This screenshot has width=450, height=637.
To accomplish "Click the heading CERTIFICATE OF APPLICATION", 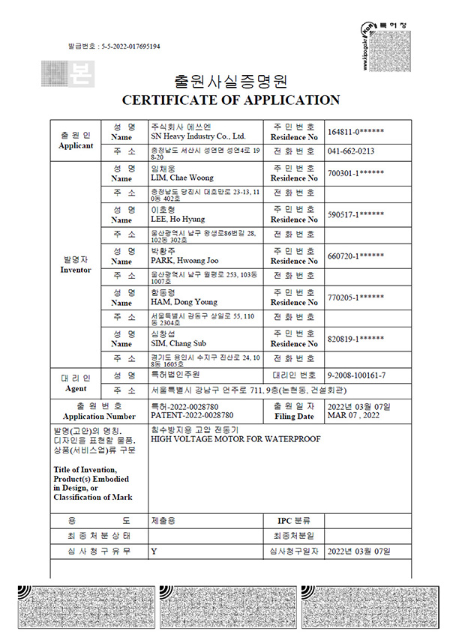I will click(230, 100).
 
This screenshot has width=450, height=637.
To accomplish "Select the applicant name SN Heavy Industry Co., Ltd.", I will click(198, 137).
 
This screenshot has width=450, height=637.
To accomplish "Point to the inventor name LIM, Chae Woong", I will click(182, 178).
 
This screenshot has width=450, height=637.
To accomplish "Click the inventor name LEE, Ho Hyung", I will click(182, 220).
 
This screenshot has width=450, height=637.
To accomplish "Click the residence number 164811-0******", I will click(356, 132).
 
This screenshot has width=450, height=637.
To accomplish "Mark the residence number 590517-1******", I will click(356, 215).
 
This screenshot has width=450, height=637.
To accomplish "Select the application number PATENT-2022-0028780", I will click(191, 414).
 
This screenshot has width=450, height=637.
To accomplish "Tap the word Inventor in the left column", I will click(76, 269).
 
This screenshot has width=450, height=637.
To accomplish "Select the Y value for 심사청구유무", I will click(154, 551).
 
